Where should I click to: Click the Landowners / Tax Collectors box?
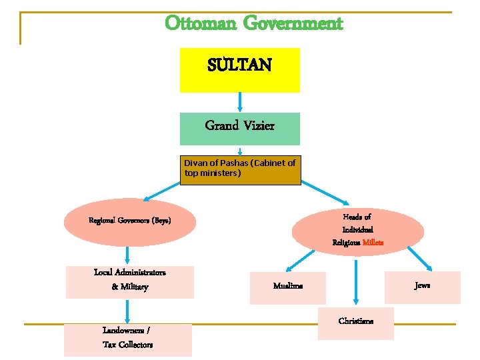(128, 339)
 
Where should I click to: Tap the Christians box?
(356, 323)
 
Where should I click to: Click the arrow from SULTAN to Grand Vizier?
(239, 101)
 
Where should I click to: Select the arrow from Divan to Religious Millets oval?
(326, 194)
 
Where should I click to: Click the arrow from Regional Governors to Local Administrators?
(127, 255)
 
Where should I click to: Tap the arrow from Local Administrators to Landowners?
(127, 311)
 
